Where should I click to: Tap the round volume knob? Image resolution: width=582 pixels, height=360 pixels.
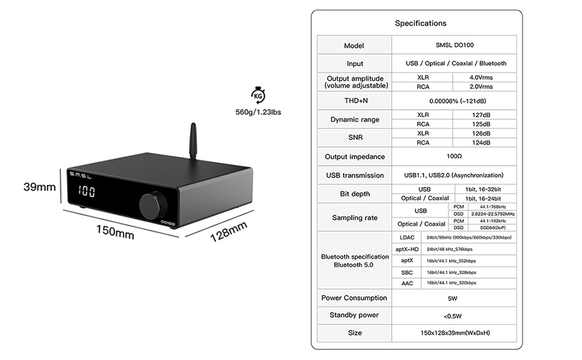(x=151, y=203)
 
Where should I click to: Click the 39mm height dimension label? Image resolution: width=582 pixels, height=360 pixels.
(x=39, y=187)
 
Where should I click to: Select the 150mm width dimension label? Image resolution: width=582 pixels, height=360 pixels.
(x=115, y=232)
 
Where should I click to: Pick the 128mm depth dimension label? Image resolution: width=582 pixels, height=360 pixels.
(x=229, y=232)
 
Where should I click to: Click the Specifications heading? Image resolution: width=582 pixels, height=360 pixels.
(x=420, y=23)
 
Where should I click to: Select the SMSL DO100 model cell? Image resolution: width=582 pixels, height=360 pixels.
(x=453, y=46)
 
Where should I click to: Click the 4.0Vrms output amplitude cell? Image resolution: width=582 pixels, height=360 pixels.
(x=484, y=77)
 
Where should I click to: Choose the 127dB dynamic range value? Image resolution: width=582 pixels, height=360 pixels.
(x=484, y=115)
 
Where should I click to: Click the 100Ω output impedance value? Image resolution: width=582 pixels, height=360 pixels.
(x=453, y=156)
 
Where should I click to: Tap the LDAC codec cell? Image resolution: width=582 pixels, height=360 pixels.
(x=406, y=238)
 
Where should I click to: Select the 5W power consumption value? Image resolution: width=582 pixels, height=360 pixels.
(x=453, y=298)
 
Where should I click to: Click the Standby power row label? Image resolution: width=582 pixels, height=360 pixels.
(x=354, y=315)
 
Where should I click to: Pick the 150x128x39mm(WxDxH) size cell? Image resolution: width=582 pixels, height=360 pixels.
(x=453, y=332)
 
